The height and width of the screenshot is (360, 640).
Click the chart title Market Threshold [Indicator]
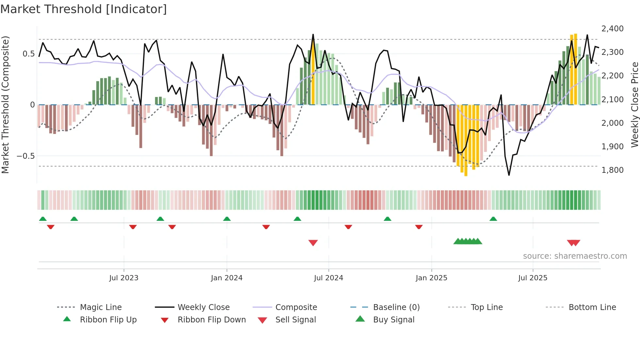[84, 9]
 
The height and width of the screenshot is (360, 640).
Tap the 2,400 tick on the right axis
[613, 29]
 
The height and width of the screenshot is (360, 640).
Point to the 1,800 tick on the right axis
[613, 170]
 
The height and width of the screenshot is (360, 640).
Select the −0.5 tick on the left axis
[26, 156]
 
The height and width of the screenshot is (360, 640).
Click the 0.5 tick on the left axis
[28, 54]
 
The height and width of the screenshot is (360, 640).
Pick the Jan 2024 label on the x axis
[227, 278]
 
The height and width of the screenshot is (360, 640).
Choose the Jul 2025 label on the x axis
[533, 278]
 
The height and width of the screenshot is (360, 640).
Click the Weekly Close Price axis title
[634, 105]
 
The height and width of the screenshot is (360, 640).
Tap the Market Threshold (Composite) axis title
[5, 105]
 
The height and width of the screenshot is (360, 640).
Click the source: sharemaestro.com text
[575, 256]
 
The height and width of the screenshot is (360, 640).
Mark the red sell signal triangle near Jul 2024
[313, 243]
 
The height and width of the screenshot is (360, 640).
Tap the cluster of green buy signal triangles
[468, 241]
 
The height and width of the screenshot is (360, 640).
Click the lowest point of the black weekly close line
[509, 175]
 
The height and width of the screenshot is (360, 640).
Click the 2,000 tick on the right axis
[613, 123]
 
